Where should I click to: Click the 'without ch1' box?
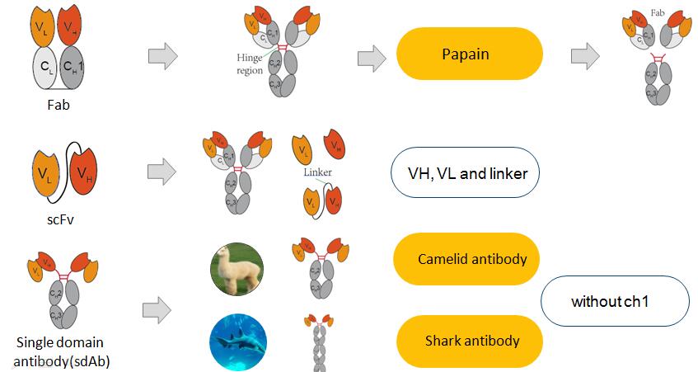[614, 301]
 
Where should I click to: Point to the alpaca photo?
[237, 270]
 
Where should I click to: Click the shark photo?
[237, 341]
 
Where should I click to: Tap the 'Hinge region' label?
[247, 65]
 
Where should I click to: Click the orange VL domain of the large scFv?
[45, 174]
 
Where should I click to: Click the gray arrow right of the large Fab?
[162, 57]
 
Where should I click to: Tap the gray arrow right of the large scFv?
[162, 171]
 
